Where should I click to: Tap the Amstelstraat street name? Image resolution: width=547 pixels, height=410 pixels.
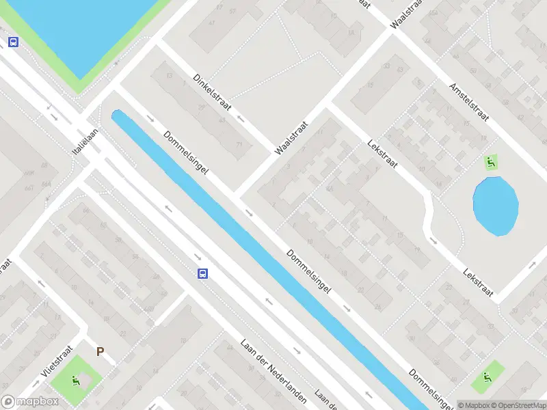pos(468,103)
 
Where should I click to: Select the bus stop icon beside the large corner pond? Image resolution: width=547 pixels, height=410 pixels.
pos(13,42)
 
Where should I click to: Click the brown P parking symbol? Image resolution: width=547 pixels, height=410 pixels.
pos(100,352)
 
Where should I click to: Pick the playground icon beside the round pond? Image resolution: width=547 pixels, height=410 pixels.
pos(490,162)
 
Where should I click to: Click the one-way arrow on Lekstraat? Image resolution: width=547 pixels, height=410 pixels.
pos(433,239)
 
